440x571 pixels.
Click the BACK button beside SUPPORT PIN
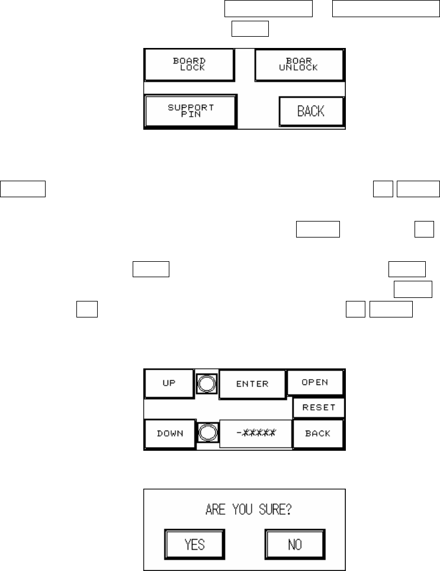(x=311, y=110)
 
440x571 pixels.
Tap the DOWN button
(x=169, y=434)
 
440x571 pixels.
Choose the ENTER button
(x=252, y=383)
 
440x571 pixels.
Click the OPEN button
(x=315, y=382)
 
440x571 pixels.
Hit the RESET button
(x=319, y=408)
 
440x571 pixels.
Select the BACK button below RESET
(x=318, y=434)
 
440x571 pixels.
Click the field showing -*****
(x=255, y=434)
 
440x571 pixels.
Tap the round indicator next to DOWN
(x=207, y=434)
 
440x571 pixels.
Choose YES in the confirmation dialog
(x=195, y=543)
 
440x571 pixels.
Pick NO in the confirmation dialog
(x=294, y=543)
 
